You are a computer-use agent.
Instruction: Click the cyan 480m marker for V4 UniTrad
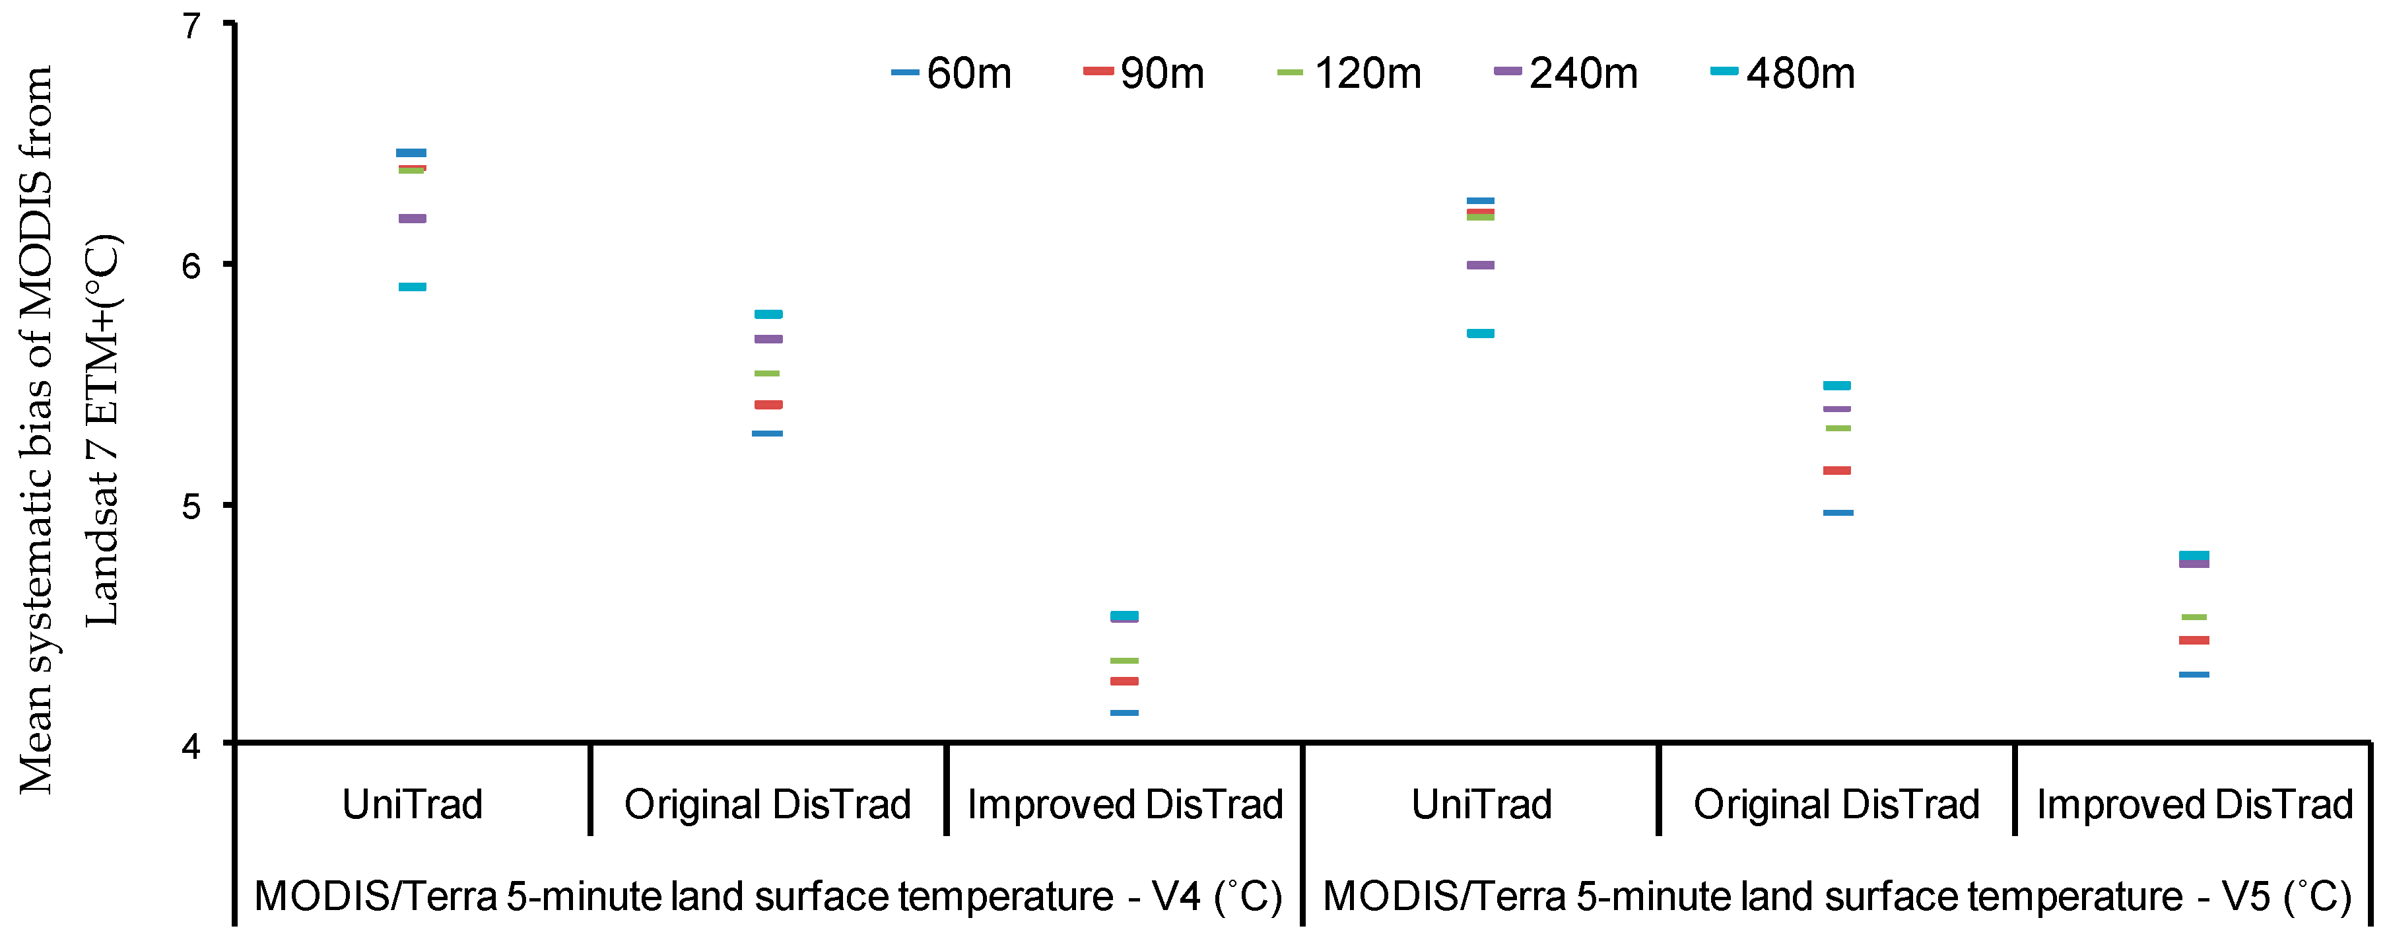[x=413, y=287]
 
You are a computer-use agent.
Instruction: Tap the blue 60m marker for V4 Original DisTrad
[x=768, y=433]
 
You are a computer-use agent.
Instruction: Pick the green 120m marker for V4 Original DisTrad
[x=768, y=373]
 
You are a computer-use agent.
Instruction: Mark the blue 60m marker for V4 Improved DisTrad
[x=1124, y=713]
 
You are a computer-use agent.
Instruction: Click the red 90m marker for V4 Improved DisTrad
[x=1124, y=681]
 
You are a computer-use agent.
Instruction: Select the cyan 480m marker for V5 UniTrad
[x=1480, y=333]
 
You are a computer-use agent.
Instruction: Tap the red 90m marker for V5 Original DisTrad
[x=1836, y=470]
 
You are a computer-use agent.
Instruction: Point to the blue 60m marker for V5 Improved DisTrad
[x=2194, y=674]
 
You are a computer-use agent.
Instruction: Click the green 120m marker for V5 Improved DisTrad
[x=2194, y=617]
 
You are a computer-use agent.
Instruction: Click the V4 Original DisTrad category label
[x=768, y=804]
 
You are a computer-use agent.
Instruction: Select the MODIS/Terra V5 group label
[x=1836, y=896]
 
